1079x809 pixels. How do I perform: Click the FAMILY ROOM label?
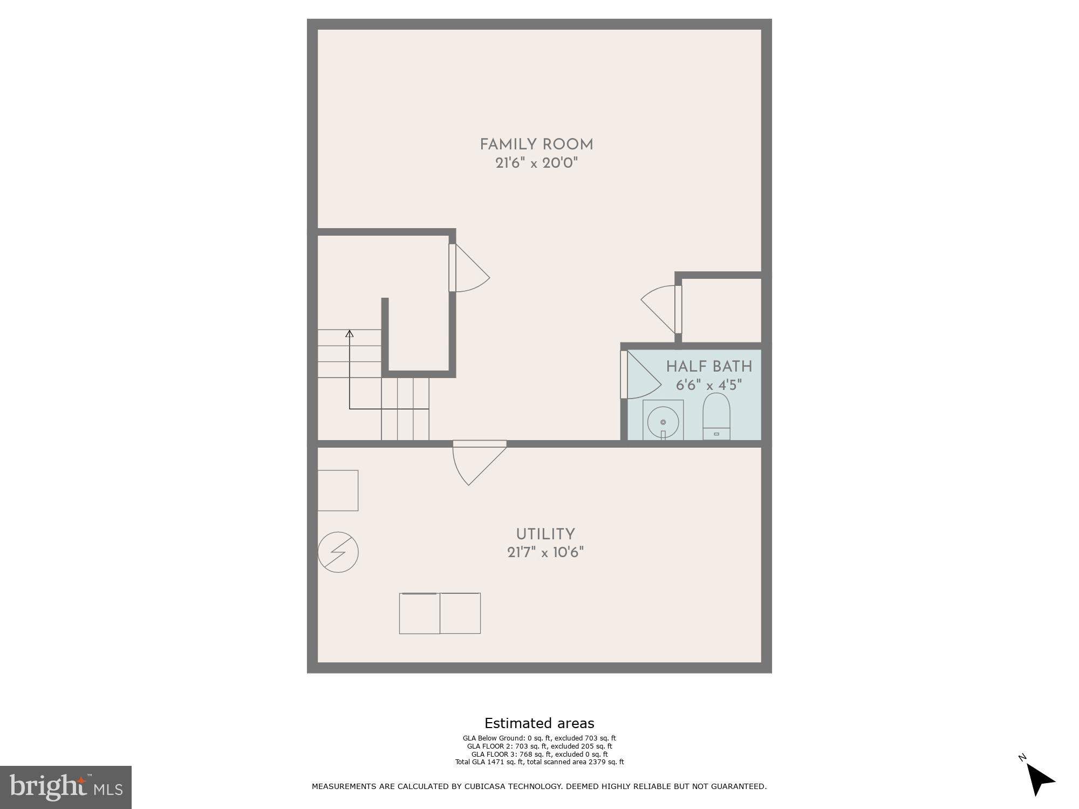(536, 145)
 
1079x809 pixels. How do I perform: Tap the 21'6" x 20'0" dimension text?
(536, 163)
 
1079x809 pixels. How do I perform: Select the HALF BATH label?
(708, 367)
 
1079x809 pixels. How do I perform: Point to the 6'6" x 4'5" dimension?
(708, 385)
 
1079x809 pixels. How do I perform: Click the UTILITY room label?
(545, 534)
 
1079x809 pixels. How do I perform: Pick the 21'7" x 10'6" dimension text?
(545, 553)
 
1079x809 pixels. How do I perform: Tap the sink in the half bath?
(663, 421)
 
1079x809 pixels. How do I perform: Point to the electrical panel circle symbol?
(338, 552)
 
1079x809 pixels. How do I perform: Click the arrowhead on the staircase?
(349, 334)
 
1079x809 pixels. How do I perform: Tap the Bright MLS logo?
(65, 787)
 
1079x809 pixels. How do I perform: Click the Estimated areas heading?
(539, 723)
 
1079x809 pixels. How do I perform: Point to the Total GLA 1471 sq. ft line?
(539, 762)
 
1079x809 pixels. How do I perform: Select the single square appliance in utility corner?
(338, 490)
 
